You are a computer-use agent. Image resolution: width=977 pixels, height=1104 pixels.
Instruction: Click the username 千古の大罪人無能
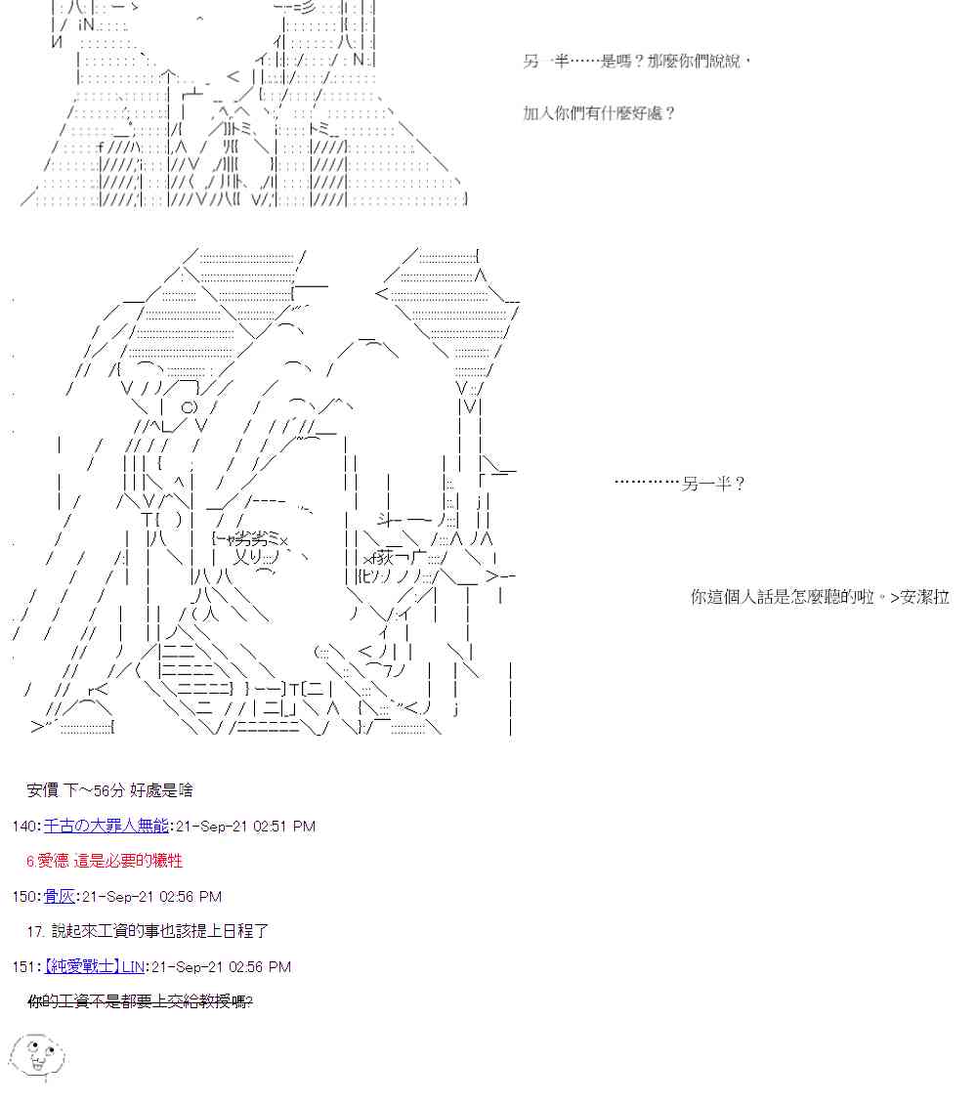(x=106, y=826)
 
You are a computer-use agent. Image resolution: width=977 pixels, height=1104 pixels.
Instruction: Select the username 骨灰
(x=59, y=896)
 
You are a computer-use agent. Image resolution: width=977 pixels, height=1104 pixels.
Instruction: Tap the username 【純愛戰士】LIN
(x=94, y=966)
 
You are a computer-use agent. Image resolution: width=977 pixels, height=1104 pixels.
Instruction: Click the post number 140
(x=24, y=826)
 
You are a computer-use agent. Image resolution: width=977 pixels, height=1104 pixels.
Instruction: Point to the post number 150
(x=24, y=896)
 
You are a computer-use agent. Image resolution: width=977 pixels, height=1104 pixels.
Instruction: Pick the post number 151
(x=24, y=966)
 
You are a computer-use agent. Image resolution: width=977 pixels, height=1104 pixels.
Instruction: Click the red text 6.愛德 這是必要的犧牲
(x=105, y=861)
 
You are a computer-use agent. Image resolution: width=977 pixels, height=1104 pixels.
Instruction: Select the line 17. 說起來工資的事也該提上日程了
(x=148, y=931)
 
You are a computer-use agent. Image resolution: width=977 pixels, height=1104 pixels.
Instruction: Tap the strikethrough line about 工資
(x=140, y=1001)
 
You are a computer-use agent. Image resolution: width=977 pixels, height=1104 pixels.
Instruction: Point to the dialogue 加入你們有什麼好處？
(x=599, y=112)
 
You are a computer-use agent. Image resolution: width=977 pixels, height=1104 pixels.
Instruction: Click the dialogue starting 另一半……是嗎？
(x=637, y=62)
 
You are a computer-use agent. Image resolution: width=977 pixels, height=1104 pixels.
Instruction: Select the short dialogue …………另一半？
(x=680, y=484)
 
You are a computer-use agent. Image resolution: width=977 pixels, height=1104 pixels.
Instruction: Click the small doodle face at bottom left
(x=37, y=1055)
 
